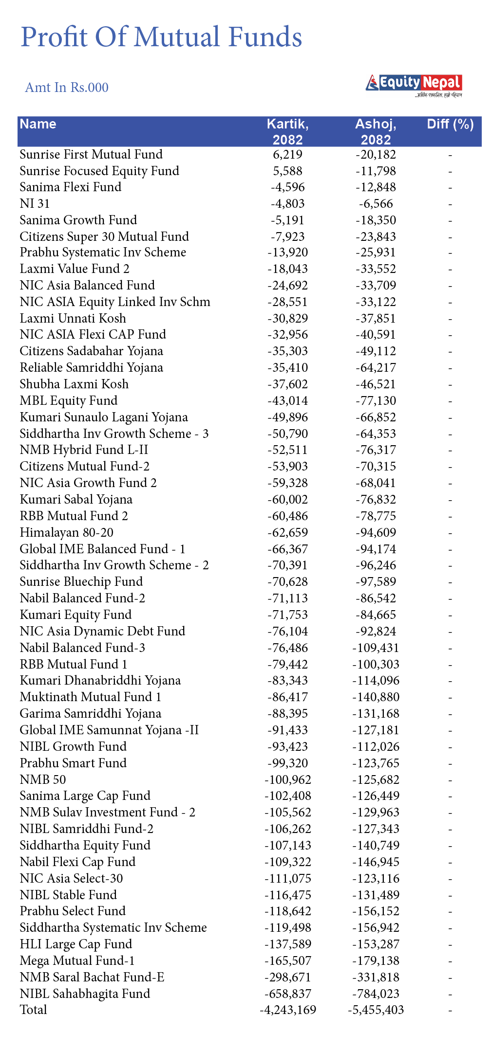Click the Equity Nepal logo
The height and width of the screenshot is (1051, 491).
tap(414, 84)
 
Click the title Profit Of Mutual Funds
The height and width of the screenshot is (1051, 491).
tap(161, 37)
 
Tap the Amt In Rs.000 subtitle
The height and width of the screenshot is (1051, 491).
tap(67, 88)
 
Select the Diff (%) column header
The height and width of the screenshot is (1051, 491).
tap(450, 124)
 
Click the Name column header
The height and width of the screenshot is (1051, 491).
tap(38, 124)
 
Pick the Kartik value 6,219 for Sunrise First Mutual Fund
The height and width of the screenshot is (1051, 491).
tap(287, 155)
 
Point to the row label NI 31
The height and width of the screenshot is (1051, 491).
tap(35, 204)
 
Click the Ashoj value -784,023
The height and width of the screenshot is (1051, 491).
tap(376, 994)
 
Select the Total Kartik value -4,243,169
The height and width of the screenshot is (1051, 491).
tap(287, 1010)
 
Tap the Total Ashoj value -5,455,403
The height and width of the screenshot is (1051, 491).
tap(376, 1010)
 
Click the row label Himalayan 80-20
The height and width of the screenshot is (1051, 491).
tap(67, 533)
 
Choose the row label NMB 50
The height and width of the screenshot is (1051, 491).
tap(43, 779)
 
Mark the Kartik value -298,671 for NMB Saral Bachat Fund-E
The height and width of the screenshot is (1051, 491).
tap(287, 977)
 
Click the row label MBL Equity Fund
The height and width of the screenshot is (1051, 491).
tap(69, 401)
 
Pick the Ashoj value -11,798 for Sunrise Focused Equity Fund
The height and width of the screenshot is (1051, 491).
tap(376, 171)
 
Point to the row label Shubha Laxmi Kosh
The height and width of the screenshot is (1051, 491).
tap(74, 384)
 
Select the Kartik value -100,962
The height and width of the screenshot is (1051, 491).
tap(287, 779)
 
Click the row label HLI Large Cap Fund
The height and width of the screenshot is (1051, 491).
tap(76, 944)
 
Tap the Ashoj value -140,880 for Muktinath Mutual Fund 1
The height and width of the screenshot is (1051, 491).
tap(376, 697)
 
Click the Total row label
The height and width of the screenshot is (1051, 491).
tap(34, 1010)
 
